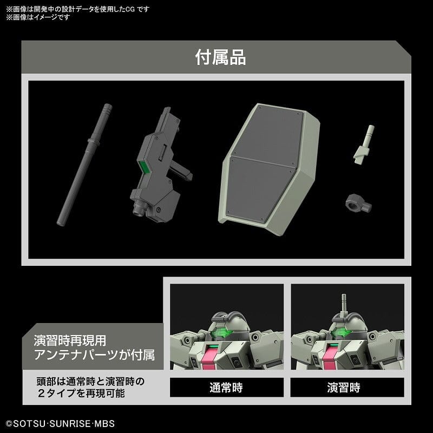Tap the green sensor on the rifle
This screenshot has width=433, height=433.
(x=144, y=168)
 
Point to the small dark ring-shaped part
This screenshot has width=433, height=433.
(x=355, y=204)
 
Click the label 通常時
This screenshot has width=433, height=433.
(x=227, y=388)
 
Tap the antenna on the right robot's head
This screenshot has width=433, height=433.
(x=343, y=303)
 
